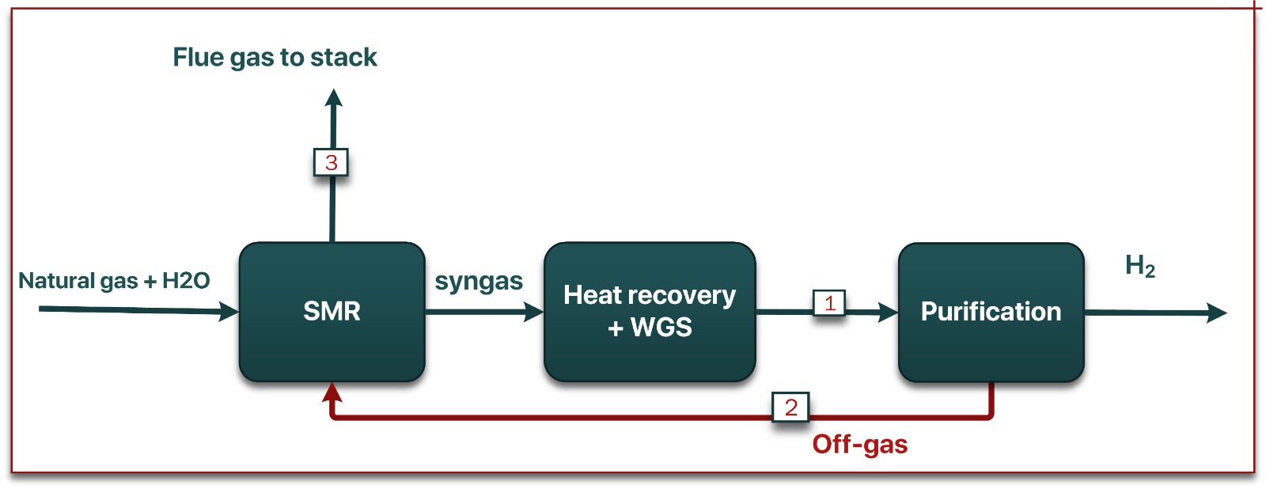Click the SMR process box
(332, 312)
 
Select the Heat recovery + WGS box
(650, 312)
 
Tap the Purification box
(991, 312)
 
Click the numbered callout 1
(829, 303)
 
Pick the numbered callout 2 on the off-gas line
(790, 407)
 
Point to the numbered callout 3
(331, 163)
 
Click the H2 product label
(1139, 266)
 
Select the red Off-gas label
(859, 445)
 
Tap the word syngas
(479, 282)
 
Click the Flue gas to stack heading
(275, 57)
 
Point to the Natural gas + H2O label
(114, 281)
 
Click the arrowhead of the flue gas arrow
(334, 98)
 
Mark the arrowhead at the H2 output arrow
(1217, 313)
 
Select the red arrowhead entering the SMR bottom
(332, 392)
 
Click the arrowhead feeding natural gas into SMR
(229, 312)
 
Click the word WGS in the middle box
(661, 328)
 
